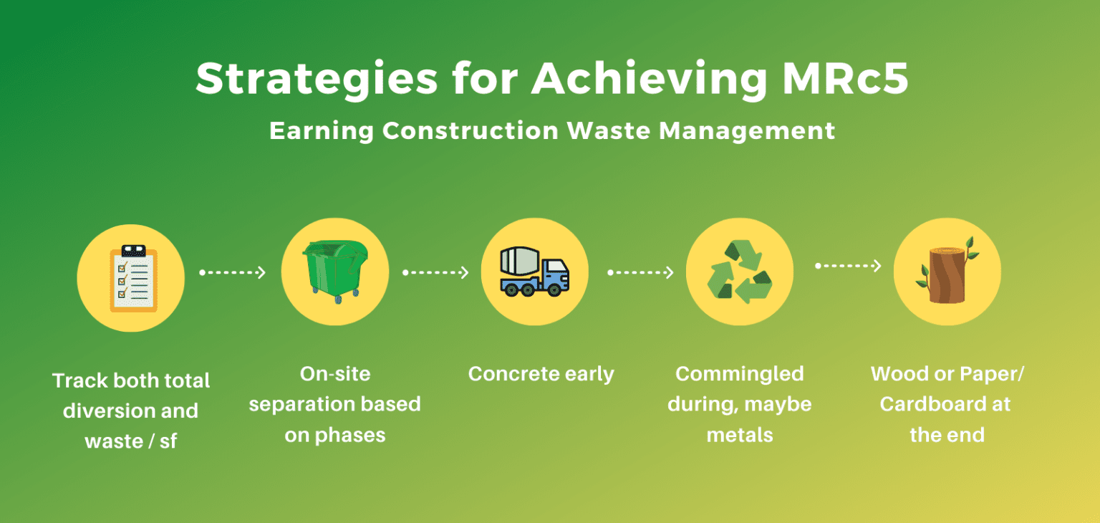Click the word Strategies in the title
(x=317, y=80)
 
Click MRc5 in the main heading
(x=845, y=80)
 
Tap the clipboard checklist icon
(x=130, y=278)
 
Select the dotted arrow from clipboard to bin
(x=233, y=273)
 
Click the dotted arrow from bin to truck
(x=435, y=273)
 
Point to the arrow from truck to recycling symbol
(x=640, y=273)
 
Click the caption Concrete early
(x=541, y=374)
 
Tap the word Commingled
(x=740, y=374)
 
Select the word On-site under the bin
(x=334, y=374)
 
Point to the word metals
(x=740, y=435)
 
